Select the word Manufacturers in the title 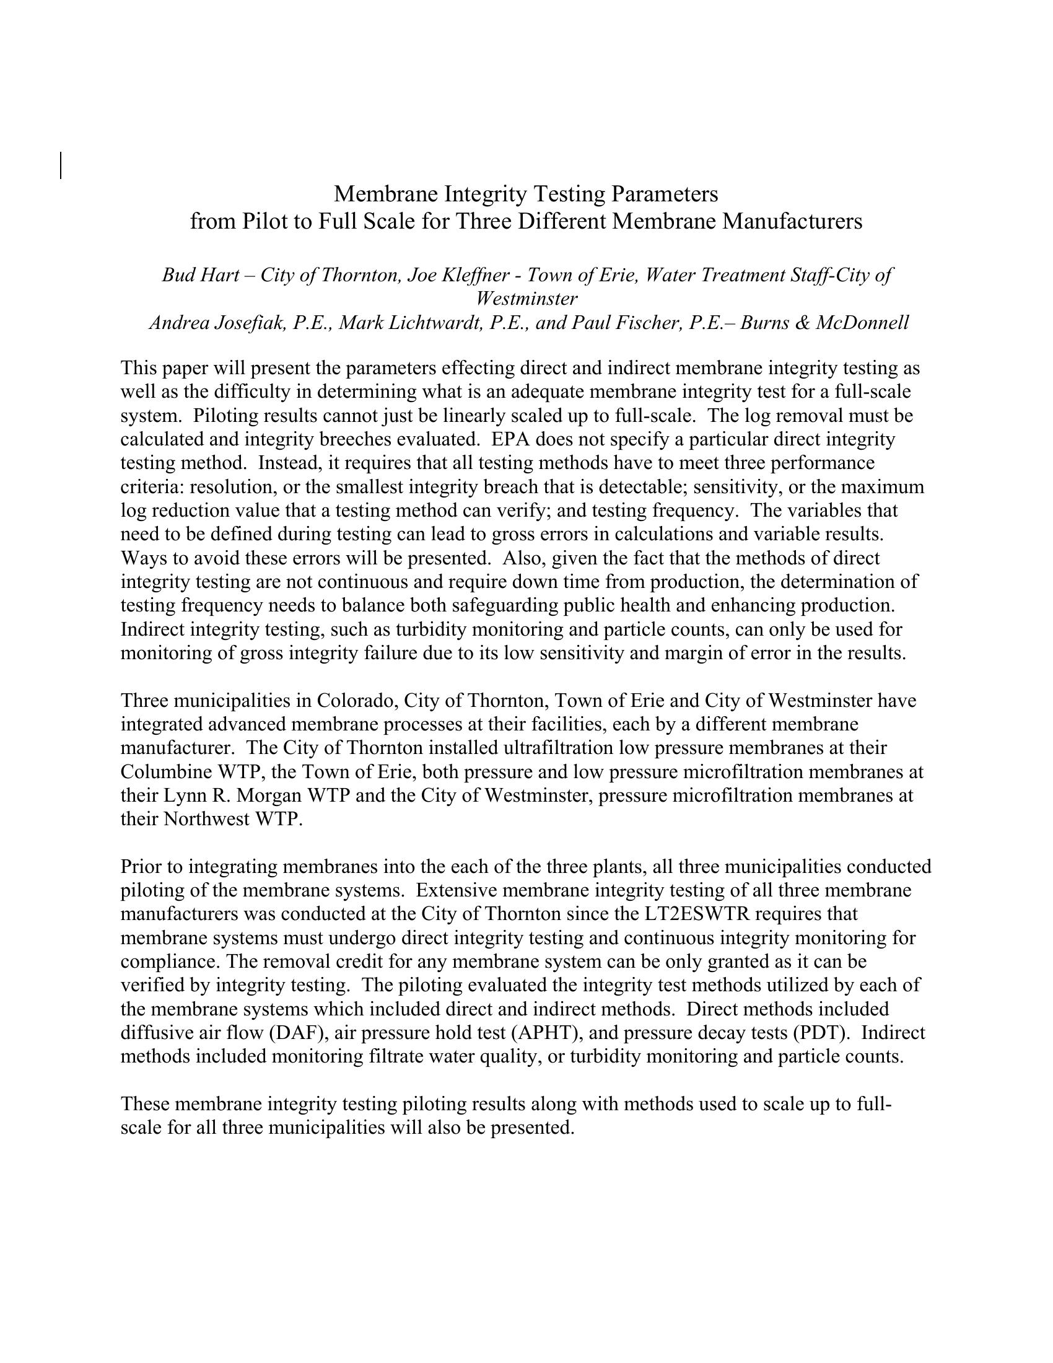792,222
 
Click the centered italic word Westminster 526,299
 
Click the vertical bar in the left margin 61,165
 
